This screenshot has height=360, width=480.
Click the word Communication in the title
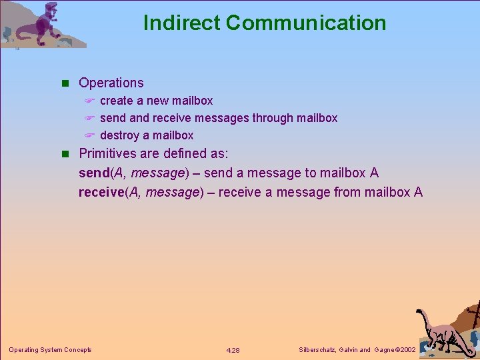coord(306,23)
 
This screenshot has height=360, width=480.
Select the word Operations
coord(111,83)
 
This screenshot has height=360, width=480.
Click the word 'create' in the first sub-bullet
coord(117,101)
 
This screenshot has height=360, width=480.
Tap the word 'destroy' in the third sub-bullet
coord(119,135)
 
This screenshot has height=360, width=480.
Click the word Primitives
coord(110,153)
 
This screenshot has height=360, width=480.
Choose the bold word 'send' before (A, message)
coord(93,173)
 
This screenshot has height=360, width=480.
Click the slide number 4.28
coord(233,350)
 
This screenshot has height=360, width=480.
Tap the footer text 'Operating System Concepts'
coord(50,350)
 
